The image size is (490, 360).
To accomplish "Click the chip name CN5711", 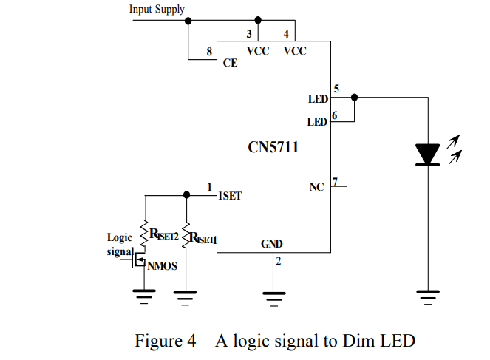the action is (273, 147).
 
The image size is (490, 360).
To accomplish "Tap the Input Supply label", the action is (157, 10).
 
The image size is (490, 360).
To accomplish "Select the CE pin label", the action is (230, 63).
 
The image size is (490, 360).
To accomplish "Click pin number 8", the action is (209, 52).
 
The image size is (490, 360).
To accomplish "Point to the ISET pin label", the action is (230, 196).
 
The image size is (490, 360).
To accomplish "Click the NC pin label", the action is (316, 187).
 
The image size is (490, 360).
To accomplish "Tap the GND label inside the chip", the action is (271, 244).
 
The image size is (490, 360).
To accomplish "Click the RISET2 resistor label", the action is (164, 234).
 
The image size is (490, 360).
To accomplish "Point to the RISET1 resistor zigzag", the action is (186, 236).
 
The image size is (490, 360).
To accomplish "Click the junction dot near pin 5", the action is (354, 98).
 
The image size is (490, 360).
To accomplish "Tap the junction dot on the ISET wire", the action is (186, 195).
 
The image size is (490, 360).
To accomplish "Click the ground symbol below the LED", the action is (428, 297).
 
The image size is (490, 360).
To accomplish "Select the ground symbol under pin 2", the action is (273, 299).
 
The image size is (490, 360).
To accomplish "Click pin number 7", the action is (335, 182).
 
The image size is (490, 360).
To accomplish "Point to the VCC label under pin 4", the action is (295, 51).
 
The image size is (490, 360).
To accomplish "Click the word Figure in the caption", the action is (158, 342).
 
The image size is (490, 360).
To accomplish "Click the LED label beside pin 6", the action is (317, 122).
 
